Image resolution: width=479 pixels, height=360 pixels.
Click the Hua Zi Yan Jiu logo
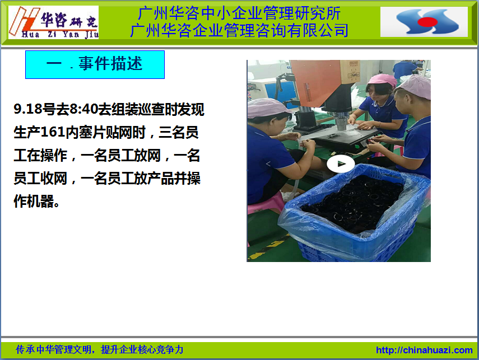coord(53,22)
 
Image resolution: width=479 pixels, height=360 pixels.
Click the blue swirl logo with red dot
coord(427,21)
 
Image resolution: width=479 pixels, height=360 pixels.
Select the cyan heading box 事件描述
coord(95,64)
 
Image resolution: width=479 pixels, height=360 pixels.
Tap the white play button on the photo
coord(341,164)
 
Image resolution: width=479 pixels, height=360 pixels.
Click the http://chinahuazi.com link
coord(424,350)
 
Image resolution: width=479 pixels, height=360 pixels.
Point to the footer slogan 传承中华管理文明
coord(53,349)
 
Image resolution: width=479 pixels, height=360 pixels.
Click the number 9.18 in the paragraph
coord(28,109)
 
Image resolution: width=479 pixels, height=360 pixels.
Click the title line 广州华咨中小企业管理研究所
coord(239,13)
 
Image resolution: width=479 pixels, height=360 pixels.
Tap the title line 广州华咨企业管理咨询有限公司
coord(239,30)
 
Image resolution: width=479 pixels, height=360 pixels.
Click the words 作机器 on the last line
coord(34,201)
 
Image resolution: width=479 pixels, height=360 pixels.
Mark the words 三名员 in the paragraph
coord(179,132)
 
